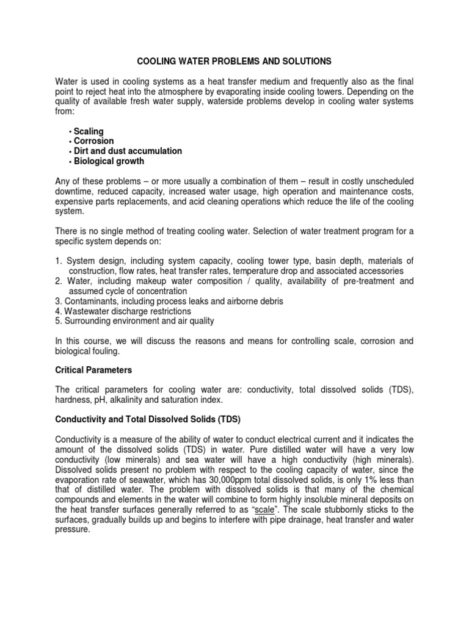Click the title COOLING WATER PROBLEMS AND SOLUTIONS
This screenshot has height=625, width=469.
click(234, 62)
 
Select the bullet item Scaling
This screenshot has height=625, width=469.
click(89, 131)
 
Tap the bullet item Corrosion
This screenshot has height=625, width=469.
click(94, 141)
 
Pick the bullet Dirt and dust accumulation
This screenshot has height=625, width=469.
click(128, 151)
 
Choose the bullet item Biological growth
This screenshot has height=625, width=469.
click(109, 161)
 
